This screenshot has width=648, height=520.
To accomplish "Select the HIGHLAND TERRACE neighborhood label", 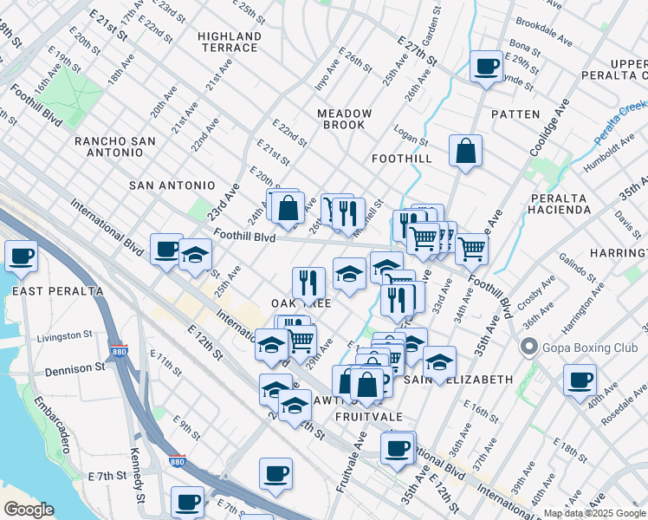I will (x=230, y=42).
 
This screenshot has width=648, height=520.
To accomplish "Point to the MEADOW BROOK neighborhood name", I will (x=345, y=120).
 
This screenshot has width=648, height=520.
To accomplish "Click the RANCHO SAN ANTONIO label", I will (x=120, y=146).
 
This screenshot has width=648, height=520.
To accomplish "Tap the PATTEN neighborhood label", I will (x=515, y=114).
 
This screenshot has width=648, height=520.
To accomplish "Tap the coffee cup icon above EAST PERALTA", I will (x=22, y=256).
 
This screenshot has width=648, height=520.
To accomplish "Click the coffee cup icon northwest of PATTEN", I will (x=487, y=66).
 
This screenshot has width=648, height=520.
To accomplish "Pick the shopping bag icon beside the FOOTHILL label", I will (x=466, y=151).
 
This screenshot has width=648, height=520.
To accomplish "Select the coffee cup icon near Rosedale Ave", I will (x=580, y=380).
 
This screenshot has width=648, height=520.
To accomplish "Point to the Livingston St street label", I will (x=65, y=335).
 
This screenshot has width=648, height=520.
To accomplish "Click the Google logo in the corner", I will (x=29, y=510).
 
